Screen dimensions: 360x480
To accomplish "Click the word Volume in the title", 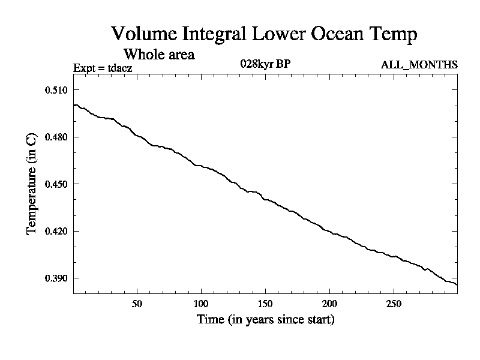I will coord(142,34).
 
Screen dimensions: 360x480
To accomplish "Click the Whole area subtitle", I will coord(159,54).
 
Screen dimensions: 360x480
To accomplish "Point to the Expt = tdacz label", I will coord(103,67).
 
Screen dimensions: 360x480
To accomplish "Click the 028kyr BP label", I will coord(266,64).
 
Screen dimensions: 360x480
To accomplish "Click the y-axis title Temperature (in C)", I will coord(33,184).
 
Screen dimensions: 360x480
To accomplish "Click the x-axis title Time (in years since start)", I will coord(265,320).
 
